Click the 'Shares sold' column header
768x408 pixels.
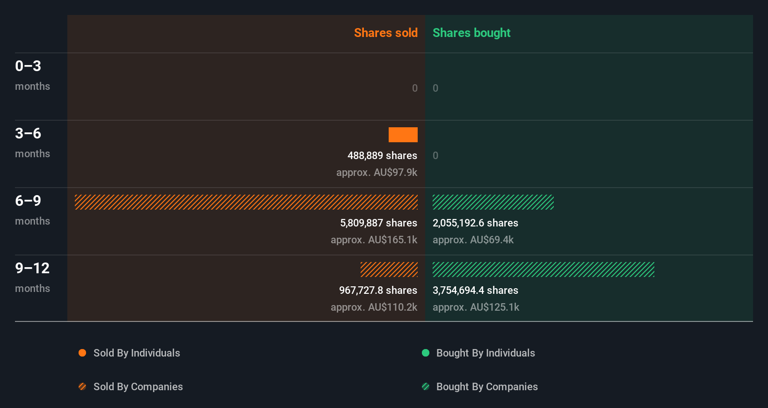coord(385,33)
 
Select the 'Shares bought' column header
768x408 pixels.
coord(471,33)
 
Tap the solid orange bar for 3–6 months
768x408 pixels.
coord(403,135)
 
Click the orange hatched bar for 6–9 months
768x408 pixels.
coord(246,202)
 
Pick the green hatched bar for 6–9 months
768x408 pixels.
coord(493,202)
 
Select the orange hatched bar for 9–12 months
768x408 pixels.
coord(389,270)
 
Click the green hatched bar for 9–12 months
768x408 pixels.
coord(543,270)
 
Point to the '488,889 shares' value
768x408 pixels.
coord(382,155)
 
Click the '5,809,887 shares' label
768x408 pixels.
coord(378,223)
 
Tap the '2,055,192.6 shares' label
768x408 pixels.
coord(475,223)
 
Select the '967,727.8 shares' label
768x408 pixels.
coord(378,290)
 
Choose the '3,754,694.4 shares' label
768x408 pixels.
coord(475,290)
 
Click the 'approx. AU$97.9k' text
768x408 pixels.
coord(377,172)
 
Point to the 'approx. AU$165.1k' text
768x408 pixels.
coord(374,240)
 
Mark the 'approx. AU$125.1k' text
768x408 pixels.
coord(476,307)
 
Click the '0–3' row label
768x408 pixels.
coord(28,66)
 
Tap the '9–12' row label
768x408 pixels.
coord(32,268)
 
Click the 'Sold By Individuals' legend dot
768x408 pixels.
coord(82,353)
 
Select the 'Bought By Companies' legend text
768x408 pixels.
coord(487,386)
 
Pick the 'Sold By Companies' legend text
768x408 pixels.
coord(138,386)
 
